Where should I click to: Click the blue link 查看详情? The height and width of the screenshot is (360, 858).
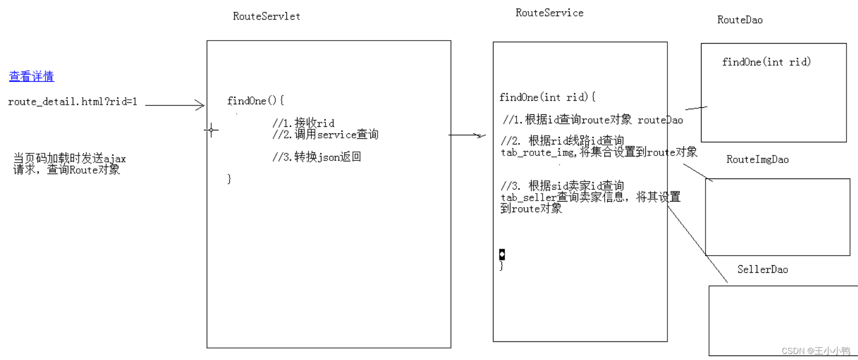point(32,76)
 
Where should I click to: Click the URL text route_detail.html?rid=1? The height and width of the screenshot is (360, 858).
point(73,102)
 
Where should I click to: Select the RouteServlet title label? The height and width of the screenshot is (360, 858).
point(266,16)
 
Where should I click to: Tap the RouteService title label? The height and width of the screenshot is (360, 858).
point(549,13)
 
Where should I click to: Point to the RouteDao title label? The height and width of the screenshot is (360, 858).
point(740,20)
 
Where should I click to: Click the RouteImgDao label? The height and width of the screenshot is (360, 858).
point(757,159)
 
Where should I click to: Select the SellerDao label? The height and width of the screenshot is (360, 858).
point(762,269)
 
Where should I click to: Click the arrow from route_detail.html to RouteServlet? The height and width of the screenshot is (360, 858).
point(175,105)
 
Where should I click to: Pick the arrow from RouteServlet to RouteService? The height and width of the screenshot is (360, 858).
point(467,135)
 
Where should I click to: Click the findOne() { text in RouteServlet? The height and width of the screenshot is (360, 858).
point(255,101)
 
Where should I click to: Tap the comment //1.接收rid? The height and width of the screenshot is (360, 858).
point(303,123)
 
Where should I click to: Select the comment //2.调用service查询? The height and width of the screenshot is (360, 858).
point(325,134)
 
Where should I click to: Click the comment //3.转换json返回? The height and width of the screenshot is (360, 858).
point(316,157)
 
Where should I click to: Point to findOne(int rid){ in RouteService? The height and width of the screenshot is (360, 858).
point(547,97)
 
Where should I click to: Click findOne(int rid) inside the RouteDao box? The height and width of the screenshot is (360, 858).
point(766,62)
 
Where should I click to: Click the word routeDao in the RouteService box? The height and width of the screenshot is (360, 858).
point(660,120)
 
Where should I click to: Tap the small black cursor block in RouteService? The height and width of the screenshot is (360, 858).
point(502,254)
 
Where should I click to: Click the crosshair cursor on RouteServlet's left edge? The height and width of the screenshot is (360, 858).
point(211,130)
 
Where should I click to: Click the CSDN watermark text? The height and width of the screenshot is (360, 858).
point(815,351)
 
